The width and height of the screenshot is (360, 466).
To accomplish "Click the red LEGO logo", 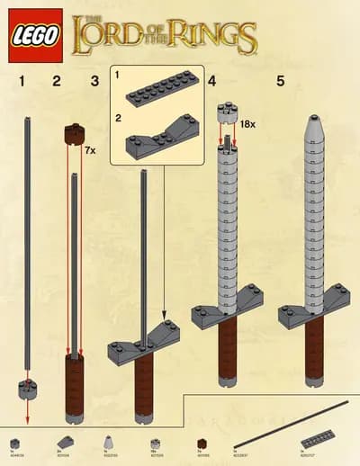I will (x=34, y=37).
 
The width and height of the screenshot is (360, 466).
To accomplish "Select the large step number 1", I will (x=22, y=82).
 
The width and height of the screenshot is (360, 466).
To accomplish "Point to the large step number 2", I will (x=58, y=82).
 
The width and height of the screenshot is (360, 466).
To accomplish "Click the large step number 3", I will (x=94, y=82).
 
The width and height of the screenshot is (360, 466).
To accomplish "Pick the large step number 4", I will (x=211, y=82).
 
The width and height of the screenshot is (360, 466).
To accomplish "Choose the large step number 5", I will (x=280, y=82).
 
